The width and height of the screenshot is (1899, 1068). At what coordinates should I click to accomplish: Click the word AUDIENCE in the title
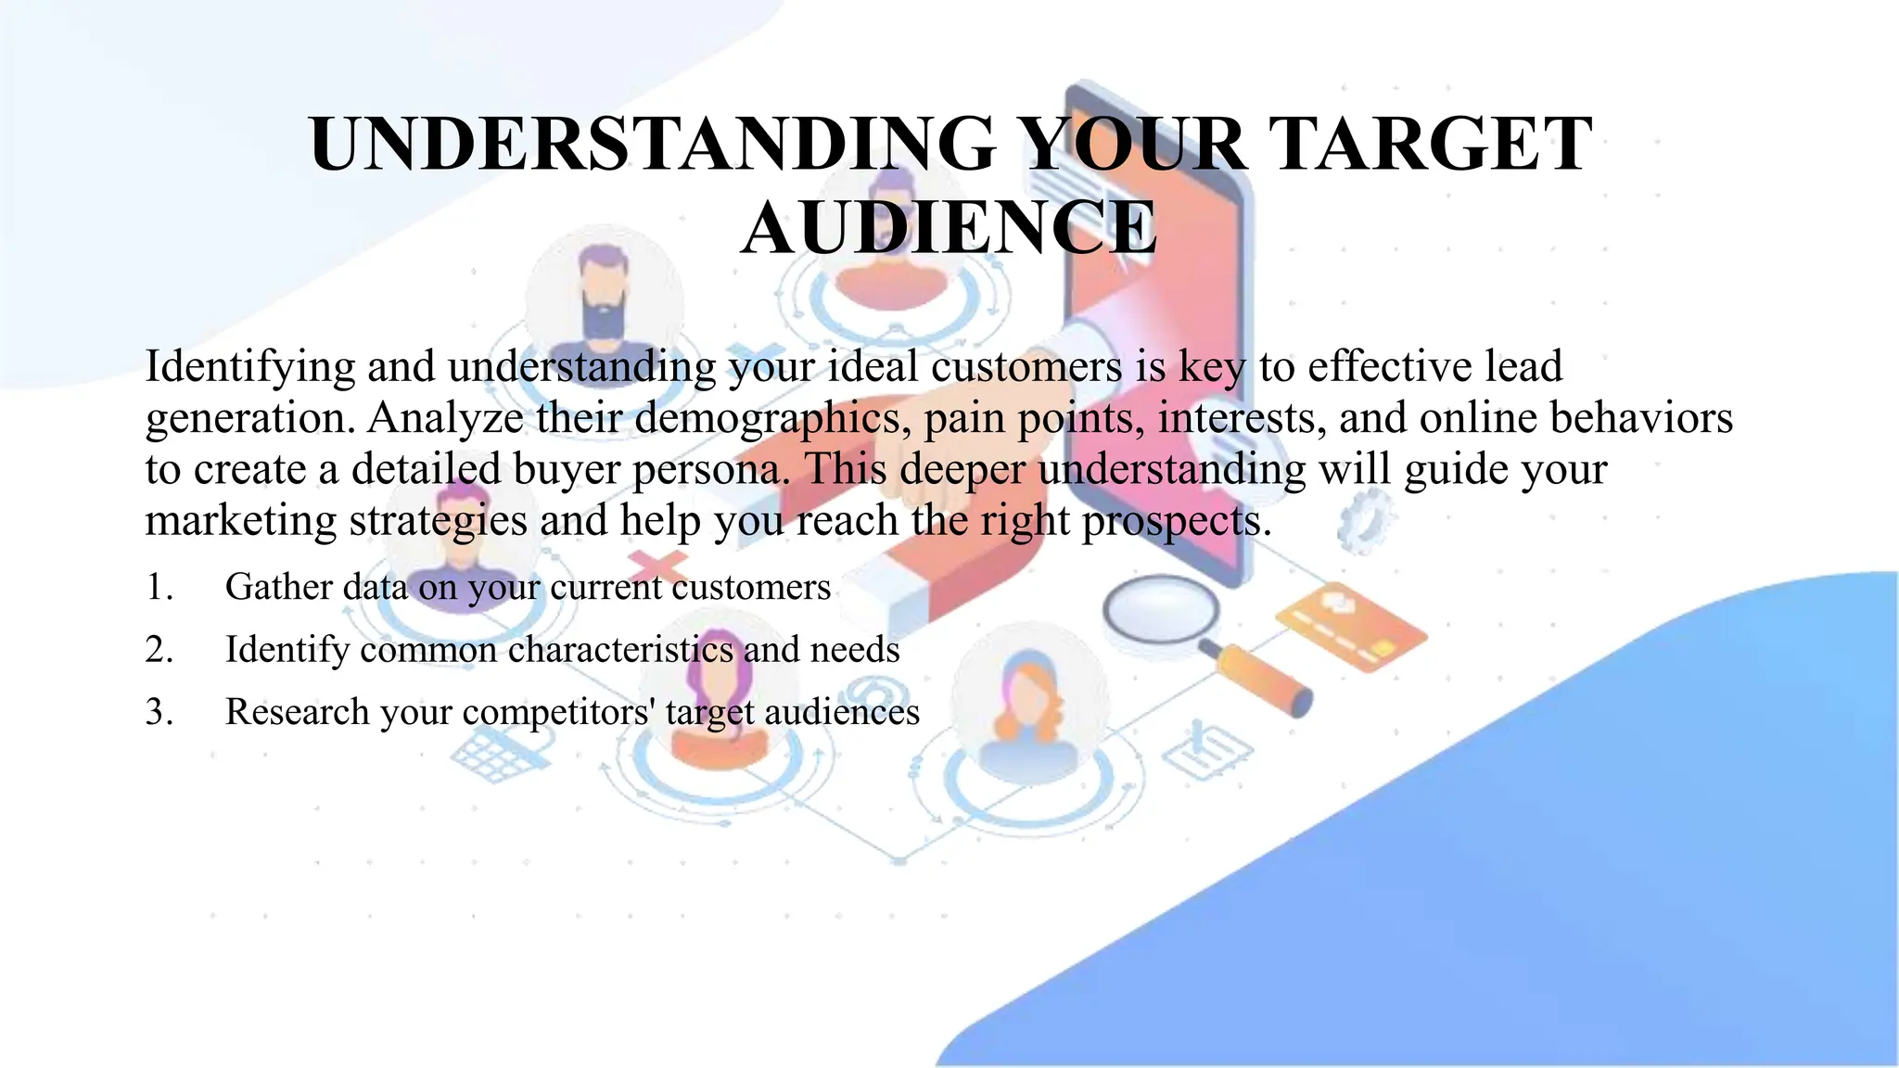[x=949, y=228]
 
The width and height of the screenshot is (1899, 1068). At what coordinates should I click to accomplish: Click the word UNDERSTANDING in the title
[x=653, y=145]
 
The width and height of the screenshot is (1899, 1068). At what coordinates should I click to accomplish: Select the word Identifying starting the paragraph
[x=249, y=367]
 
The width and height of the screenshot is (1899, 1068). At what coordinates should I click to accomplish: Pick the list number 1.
[x=159, y=588]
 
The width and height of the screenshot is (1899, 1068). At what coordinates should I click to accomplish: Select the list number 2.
[x=159, y=650]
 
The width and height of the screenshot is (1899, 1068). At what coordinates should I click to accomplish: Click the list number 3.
[x=159, y=712]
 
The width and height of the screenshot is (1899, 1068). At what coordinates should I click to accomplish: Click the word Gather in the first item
[x=277, y=588]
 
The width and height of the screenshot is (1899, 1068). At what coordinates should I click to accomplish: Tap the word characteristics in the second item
[x=620, y=650]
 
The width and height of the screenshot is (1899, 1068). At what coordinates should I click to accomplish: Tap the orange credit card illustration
[x=1351, y=625]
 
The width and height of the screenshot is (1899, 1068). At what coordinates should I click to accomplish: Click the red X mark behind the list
[x=656, y=565]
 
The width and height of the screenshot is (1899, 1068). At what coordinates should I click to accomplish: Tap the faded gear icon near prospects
[x=1365, y=519]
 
